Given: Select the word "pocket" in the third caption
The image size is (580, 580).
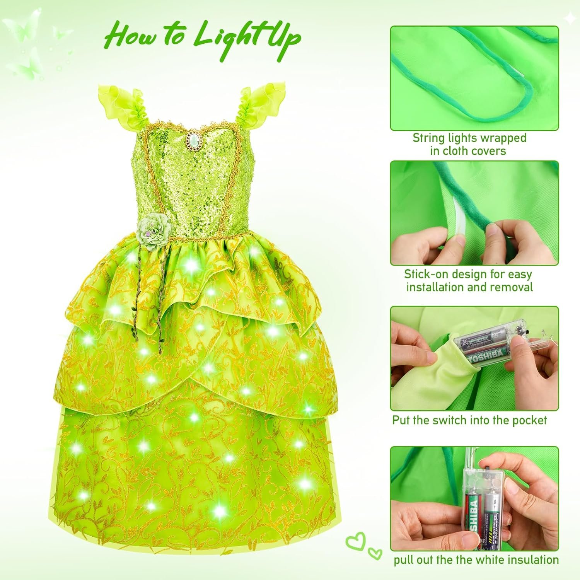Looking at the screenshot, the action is click(x=530, y=421).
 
